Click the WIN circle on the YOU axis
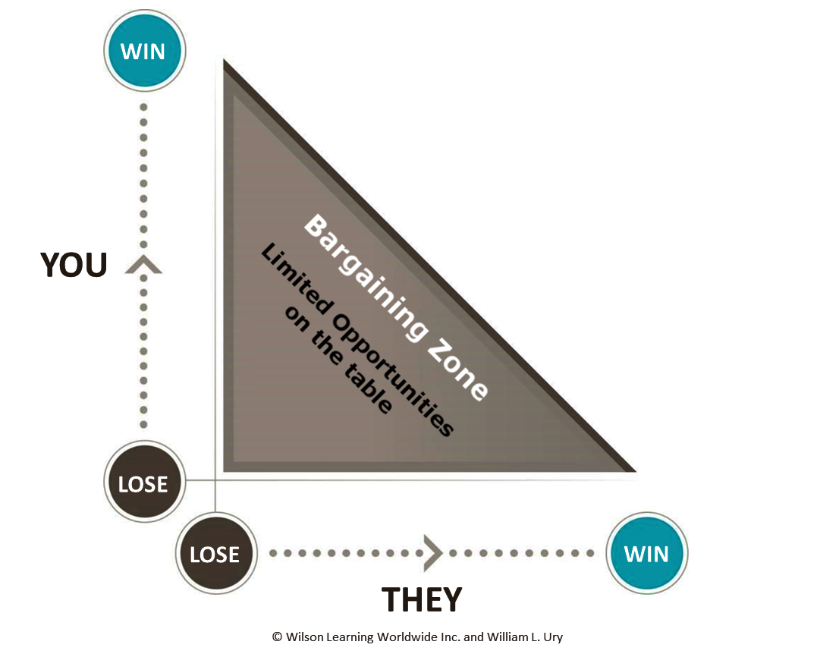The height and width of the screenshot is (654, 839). [x=143, y=52]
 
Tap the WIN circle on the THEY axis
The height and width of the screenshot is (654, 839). [x=646, y=553]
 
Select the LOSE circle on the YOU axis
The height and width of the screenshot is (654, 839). [x=143, y=483]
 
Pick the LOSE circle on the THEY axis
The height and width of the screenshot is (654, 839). [x=215, y=554]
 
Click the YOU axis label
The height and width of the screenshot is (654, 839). [x=74, y=265]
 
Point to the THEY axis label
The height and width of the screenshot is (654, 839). [x=421, y=599]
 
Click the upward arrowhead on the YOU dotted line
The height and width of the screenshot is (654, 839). [x=143, y=264]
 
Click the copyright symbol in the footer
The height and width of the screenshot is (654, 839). [x=277, y=637]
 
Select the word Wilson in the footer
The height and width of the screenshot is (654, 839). [x=305, y=637]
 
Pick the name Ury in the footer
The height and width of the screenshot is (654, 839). [x=552, y=637]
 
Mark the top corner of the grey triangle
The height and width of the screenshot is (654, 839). [x=225, y=61]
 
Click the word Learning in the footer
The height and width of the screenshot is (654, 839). [x=353, y=637]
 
